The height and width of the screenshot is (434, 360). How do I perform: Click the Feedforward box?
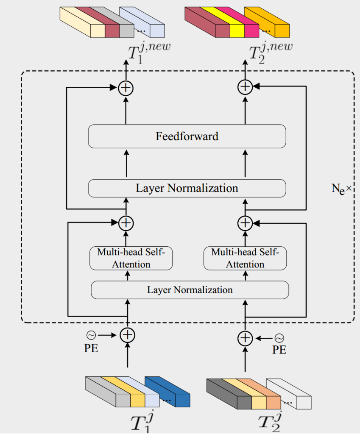(x=187, y=136)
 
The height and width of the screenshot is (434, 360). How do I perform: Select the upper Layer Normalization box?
(x=187, y=188)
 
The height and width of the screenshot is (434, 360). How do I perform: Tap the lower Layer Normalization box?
(x=190, y=290)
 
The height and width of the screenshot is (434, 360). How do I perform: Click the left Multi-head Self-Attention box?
(x=131, y=258)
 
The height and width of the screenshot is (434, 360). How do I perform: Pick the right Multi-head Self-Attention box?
(x=245, y=258)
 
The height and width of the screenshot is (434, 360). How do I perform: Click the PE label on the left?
(x=91, y=350)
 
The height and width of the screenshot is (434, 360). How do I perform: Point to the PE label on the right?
(x=279, y=350)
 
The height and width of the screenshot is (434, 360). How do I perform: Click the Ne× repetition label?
(x=342, y=189)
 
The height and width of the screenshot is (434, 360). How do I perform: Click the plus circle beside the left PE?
(x=127, y=335)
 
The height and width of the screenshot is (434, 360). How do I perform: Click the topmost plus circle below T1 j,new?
(x=126, y=88)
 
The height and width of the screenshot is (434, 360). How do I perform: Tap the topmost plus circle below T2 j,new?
(x=245, y=87)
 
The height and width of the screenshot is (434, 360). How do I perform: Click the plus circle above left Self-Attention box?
(x=126, y=223)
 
